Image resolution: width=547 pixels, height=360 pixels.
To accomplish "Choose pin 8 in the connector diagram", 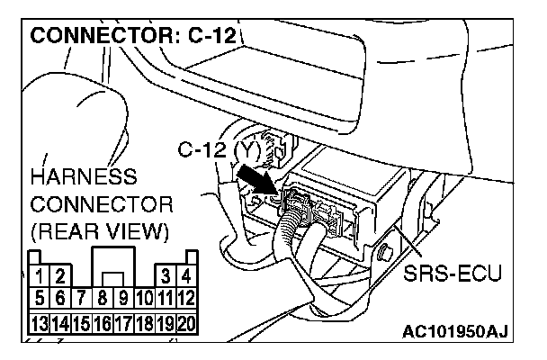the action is click(x=103, y=294).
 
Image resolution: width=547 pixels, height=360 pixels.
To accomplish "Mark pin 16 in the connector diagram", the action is click(x=103, y=321).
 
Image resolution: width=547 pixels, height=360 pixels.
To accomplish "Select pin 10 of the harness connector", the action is click(x=144, y=294).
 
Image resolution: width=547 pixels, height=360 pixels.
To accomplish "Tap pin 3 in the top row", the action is click(x=166, y=275).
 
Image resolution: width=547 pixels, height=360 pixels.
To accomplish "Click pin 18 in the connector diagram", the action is click(x=144, y=321).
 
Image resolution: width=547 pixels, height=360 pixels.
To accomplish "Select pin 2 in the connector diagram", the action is click(x=59, y=275).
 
